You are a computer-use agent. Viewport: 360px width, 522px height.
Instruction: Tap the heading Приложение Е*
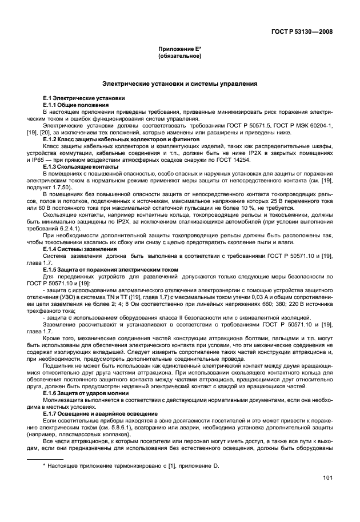pos(179,50)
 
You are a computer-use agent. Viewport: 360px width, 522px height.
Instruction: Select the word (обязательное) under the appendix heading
pos(179,57)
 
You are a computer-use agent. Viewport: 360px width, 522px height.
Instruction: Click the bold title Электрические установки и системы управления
pos(179,84)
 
